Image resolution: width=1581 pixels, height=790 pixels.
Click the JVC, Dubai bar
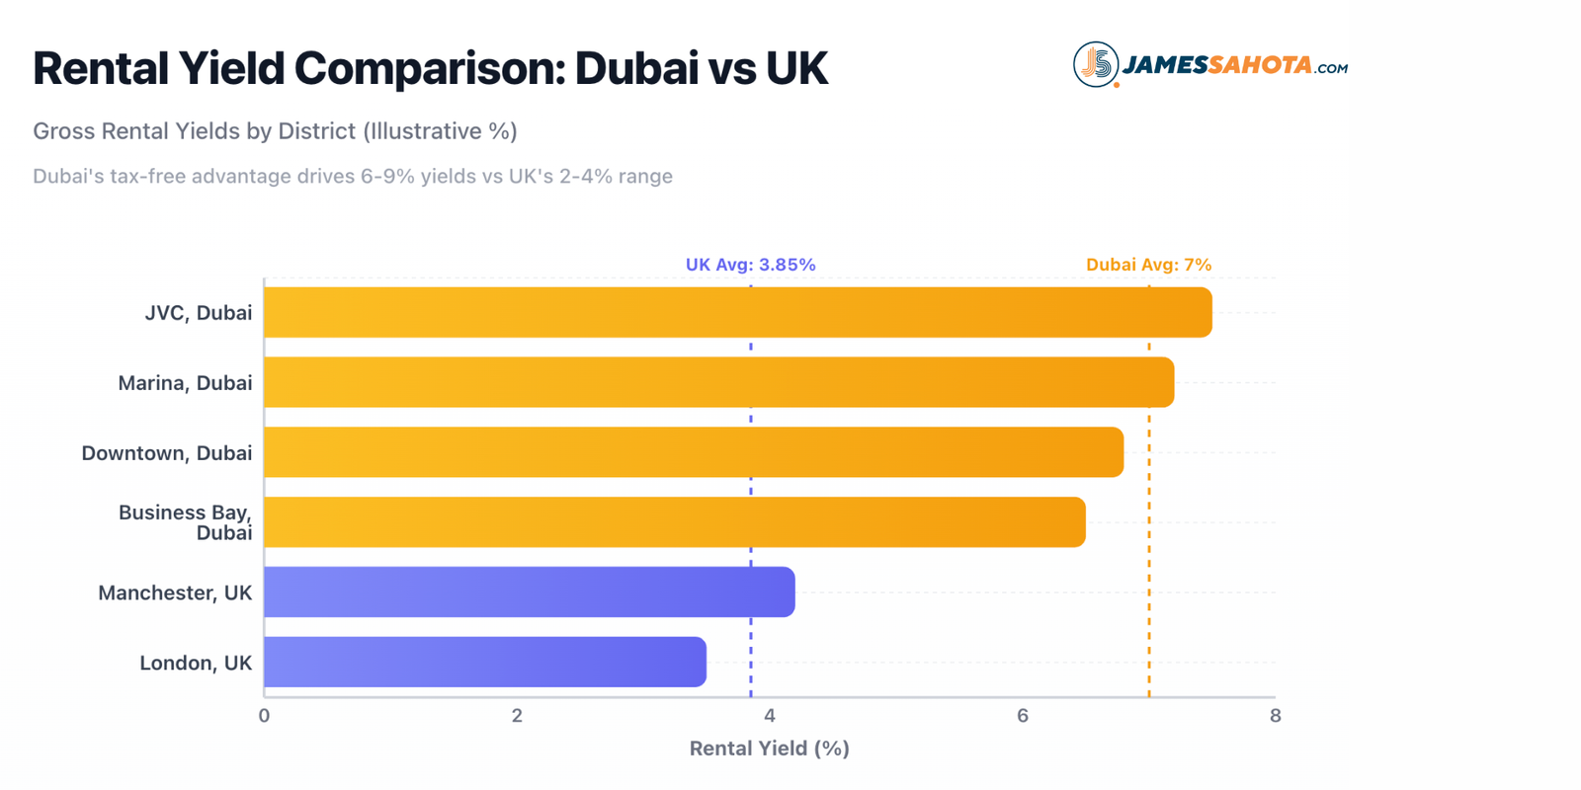[x=737, y=313]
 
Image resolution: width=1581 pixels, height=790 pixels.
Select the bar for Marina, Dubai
[x=718, y=383]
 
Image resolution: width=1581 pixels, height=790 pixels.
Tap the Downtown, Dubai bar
[x=693, y=452]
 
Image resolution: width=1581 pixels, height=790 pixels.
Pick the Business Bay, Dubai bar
[x=674, y=522]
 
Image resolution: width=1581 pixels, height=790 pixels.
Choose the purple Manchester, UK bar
[x=529, y=592]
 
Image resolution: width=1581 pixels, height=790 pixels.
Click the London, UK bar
[x=484, y=663]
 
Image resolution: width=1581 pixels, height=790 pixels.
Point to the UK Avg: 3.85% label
[x=750, y=265]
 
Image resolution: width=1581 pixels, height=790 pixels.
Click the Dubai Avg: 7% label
[x=1148, y=265]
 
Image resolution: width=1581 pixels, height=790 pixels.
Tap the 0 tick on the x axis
[x=264, y=716]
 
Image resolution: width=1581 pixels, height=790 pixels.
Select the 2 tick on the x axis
[x=517, y=716]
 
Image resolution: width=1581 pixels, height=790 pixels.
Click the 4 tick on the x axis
[x=770, y=716]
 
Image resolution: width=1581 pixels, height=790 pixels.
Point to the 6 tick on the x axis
[x=1023, y=716]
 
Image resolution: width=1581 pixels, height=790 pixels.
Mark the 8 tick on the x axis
[x=1276, y=716]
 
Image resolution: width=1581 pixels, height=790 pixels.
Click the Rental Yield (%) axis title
[x=769, y=749]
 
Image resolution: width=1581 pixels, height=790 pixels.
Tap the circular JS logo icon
[x=1096, y=65]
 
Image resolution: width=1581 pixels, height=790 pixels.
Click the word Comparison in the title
[x=428, y=69]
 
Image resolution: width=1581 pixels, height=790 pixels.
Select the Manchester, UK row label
[x=175, y=593]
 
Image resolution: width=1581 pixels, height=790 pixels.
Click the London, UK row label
[x=196, y=664]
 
